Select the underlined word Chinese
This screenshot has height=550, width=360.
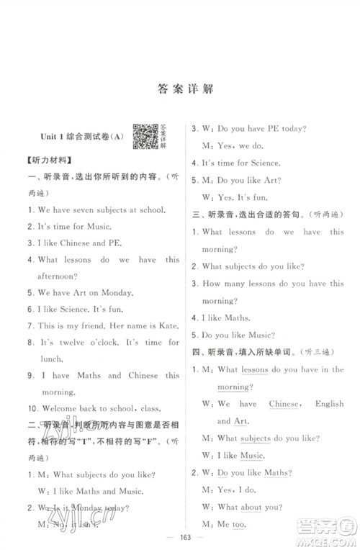[284, 404]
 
